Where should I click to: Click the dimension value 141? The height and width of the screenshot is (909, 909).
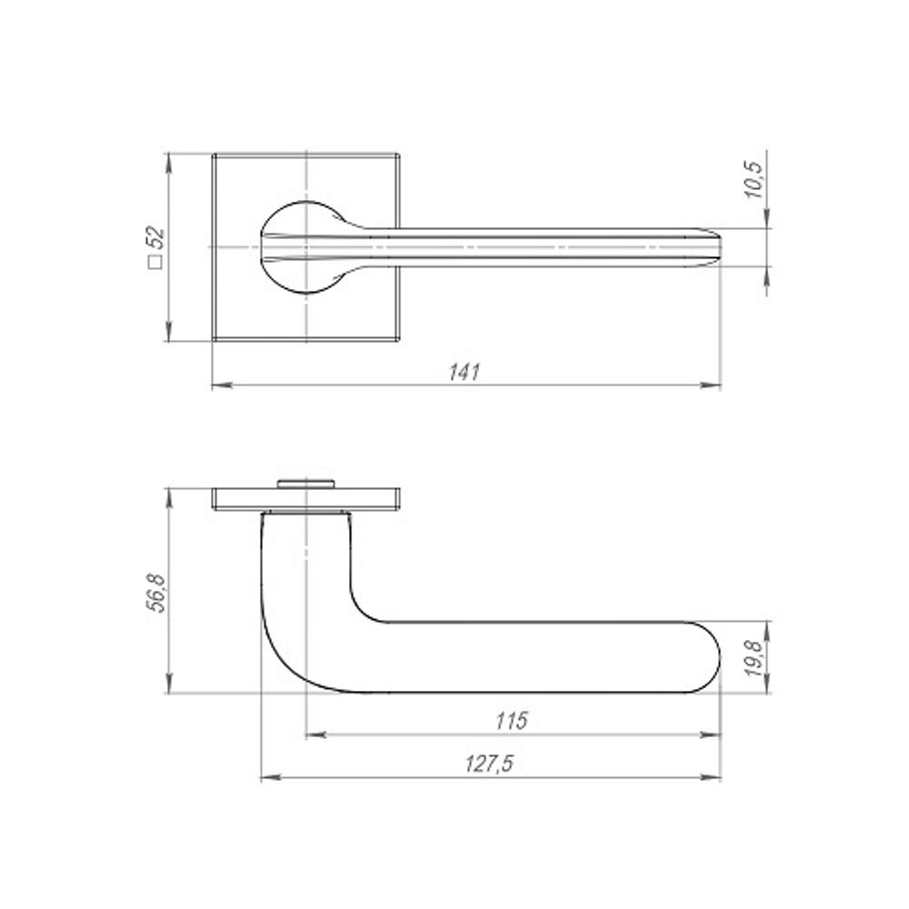click(464, 372)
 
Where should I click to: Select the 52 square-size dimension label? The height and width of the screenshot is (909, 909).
click(155, 239)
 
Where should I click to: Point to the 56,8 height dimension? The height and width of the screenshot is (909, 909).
click(155, 592)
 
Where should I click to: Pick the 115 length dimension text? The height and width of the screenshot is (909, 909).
click(512, 721)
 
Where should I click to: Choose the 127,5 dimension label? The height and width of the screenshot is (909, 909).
click(492, 764)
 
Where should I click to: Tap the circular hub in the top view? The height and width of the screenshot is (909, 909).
click(304, 247)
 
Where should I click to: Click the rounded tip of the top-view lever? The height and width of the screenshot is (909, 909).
click(717, 247)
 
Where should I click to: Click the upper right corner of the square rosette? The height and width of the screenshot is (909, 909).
click(400, 155)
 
